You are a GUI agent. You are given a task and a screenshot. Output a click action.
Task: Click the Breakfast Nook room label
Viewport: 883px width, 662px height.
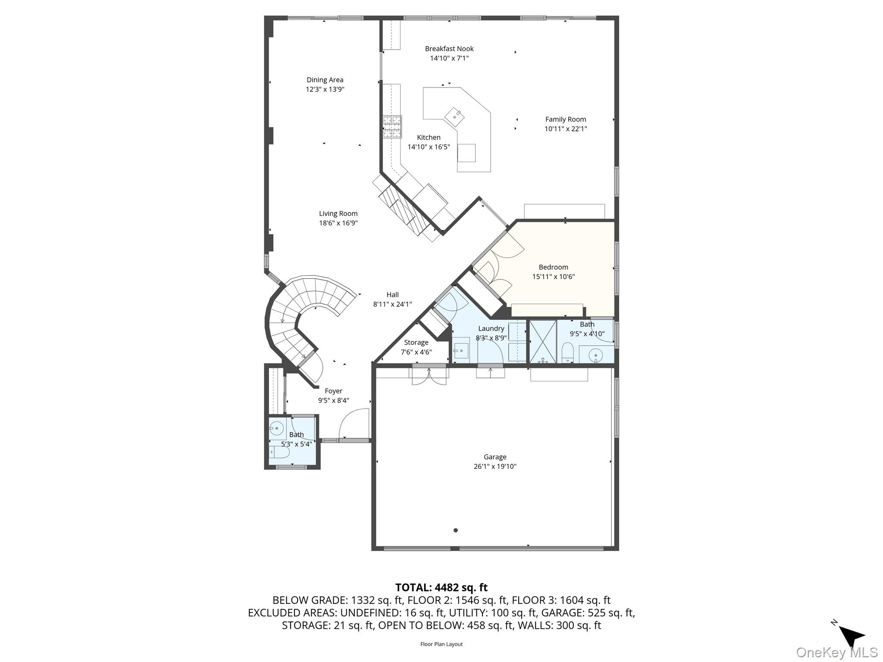click(x=449, y=49)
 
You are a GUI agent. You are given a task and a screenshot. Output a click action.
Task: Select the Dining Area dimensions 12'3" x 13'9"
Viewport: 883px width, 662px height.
click(x=325, y=89)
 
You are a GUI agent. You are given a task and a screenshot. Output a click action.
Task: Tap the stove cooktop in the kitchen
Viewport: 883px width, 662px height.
click(x=392, y=127)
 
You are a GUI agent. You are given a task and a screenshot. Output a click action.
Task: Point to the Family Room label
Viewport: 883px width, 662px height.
click(x=565, y=119)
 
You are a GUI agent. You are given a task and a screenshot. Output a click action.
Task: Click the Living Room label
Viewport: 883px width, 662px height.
click(x=338, y=213)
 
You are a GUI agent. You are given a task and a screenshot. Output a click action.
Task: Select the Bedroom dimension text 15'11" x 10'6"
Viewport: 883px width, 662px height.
click(x=553, y=277)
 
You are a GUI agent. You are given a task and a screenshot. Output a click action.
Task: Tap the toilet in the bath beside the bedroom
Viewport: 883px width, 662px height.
click(x=568, y=352)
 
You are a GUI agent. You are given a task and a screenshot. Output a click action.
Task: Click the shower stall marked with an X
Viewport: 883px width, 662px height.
click(x=542, y=341)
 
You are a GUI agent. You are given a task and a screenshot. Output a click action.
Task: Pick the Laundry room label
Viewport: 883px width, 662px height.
click(x=491, y=328)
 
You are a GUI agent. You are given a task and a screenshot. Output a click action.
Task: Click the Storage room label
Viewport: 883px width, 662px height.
click(x=416, y=343)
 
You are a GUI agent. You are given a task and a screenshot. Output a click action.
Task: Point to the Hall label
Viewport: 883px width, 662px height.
click(x=392, y=295)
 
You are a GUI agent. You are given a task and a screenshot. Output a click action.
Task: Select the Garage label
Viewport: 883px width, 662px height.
click(x=495, y=457)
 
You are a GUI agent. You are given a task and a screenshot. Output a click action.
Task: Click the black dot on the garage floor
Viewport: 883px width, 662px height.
click(x=455, y=530)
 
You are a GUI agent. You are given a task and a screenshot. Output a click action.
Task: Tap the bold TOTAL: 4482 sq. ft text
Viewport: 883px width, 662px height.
click(x=441, y=587)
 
